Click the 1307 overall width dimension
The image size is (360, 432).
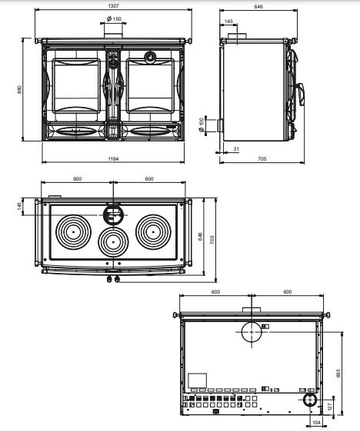pos(114,5)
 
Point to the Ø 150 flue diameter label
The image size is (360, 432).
pos(114,19)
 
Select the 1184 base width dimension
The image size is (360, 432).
pos(113,158)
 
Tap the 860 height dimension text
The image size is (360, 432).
pos(19,90)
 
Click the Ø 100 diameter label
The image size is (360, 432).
pos(202,125)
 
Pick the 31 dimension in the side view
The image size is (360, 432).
pos(236,149)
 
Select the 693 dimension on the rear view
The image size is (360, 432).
pos(338,374)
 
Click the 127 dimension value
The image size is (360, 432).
pos(330,407)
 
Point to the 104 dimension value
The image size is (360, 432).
pos(317,422)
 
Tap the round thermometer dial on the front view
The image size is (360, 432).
pos(150,57)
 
